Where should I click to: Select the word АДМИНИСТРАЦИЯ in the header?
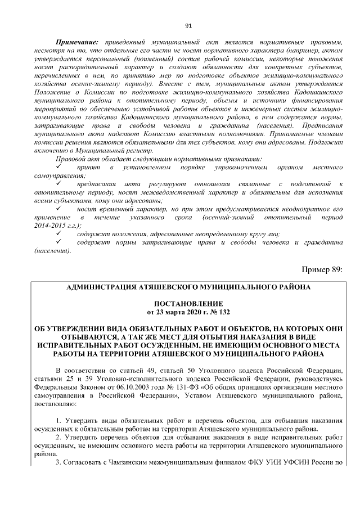pyautogui.click(x=101, y=286)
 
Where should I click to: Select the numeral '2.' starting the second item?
pyautogui.click(x=58, y=437)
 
